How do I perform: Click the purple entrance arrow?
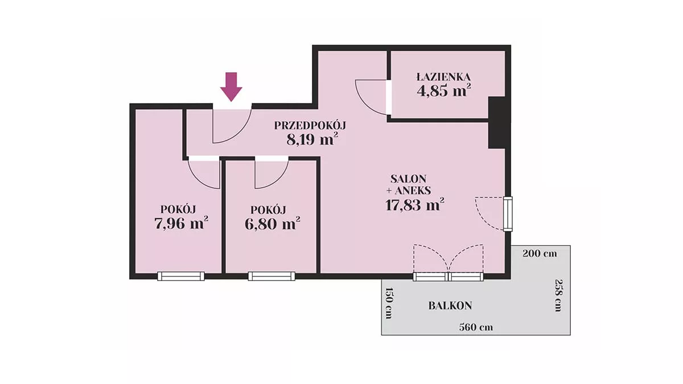point(231,86)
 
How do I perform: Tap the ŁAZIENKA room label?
point(443,77)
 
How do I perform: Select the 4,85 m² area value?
point(444,90)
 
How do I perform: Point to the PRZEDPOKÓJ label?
point(310,126)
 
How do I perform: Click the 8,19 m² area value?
point(312,139)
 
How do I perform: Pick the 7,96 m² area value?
point(182,224)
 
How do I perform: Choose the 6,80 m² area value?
point(272,224)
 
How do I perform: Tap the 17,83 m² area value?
point(415,204)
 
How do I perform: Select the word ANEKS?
point(413,191)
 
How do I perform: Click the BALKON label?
point(450,305)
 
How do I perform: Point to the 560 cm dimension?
point(476,327)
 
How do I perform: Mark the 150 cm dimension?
point(388,303)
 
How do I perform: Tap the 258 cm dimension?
point(558,295)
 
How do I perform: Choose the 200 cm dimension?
point(540,254)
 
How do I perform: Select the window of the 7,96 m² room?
point(181,276)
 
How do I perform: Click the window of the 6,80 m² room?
point(271,276)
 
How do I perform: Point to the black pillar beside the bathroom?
point(497,123)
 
